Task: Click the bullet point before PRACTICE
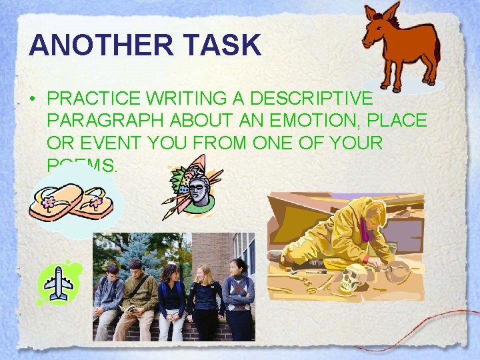coord(33,98)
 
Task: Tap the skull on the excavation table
coord(351,277)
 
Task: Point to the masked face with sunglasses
coord(197,193)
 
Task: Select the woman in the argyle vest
coord(238,293)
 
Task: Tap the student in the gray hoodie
coord(108,293)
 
